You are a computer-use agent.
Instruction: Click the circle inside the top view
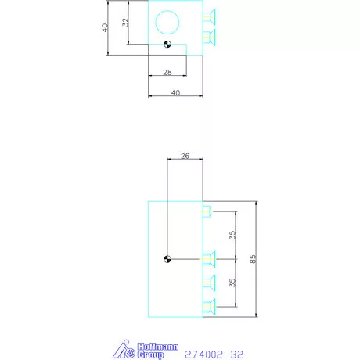click(x=166, y=21)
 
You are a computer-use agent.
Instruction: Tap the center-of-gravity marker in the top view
click(x=167, y=45)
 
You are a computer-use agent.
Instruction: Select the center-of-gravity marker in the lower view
click(x=167, y=259)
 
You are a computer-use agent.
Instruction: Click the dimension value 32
click(x=125, y=23)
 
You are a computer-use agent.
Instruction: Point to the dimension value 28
click(x=167, y=72)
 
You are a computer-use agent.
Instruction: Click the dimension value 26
click(x=185, y=156)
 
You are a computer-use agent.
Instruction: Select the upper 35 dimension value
click(x=232, y=235)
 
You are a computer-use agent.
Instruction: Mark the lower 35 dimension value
click(x=232, y=283)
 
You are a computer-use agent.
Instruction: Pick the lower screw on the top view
click(x=209, y=36)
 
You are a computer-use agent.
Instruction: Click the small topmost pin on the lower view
click(x=207, y=211)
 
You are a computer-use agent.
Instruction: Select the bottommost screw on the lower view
click(x=209, y=305)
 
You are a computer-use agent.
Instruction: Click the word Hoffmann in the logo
click(x=147, y=345)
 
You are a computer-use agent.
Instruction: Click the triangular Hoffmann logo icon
click(x=122, y=350)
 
